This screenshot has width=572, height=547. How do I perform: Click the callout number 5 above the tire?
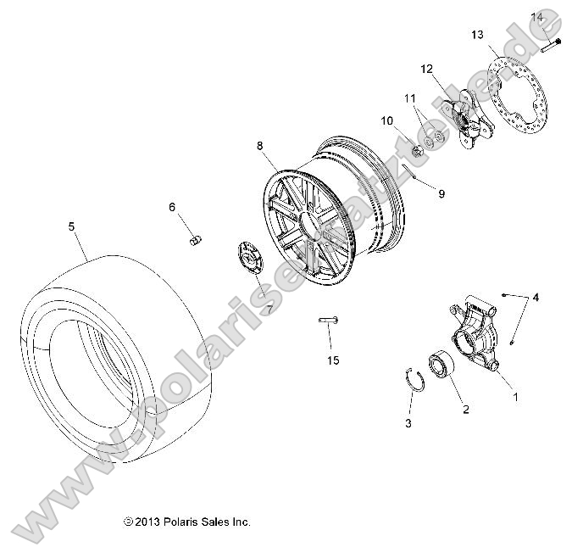pyautogui.click(x=71, y=226)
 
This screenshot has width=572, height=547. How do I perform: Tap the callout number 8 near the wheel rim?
pyautogui.click(x=261, y=146)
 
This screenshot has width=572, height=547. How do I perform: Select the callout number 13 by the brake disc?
pyautogui.click(x=477, y=35)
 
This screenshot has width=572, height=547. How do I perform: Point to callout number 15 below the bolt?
pyautogui.click(x=333, y=360)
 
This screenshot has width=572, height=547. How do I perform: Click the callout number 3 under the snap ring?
pyautogui.click(x=408, y=422)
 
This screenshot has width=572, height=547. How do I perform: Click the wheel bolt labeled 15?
pyautogui.click(x=329, y=320)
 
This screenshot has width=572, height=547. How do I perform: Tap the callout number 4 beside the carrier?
pyautogui.click(x=535, y=298)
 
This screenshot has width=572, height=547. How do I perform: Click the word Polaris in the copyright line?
pyautogui.click(x=181, y=522)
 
